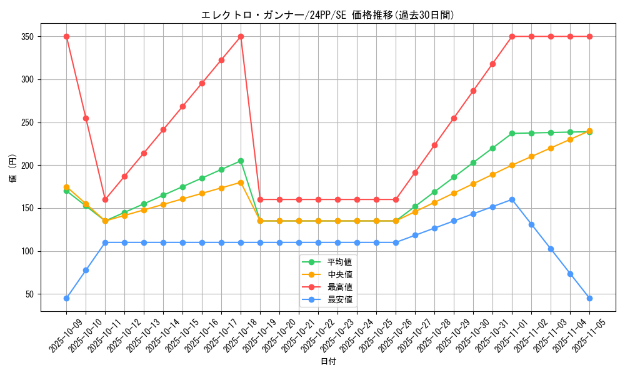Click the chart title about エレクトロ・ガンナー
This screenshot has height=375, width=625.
327,15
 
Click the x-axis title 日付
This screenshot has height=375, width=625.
328,362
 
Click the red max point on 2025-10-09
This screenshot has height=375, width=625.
66,36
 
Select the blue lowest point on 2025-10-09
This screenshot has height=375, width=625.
66,298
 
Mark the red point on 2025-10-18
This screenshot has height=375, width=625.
241,36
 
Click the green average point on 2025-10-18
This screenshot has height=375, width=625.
241,161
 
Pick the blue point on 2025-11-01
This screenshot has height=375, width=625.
512,199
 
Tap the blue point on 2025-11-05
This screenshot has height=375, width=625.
589,298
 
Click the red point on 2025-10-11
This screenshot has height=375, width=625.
105,199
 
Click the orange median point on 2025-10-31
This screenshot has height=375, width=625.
492,174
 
